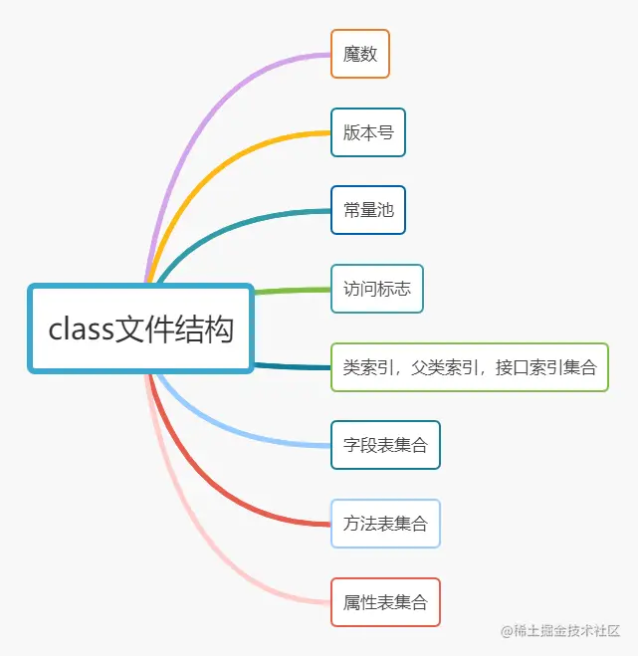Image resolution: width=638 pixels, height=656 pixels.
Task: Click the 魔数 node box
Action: point(360,54)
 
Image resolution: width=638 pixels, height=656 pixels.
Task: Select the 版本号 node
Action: point(368,132)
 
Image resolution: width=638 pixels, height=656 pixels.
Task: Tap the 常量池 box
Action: point(368,210)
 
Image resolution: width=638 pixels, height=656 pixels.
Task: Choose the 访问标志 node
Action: point(377,289)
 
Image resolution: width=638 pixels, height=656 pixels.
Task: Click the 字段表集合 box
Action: point(385,445)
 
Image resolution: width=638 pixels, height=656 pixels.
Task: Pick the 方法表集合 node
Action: point(385,523)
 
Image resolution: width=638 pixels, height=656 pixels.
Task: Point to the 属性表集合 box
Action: point(385,601)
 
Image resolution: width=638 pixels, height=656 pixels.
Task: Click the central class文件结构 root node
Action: point(140,328)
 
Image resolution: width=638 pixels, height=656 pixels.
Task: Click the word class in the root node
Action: point(82,329)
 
